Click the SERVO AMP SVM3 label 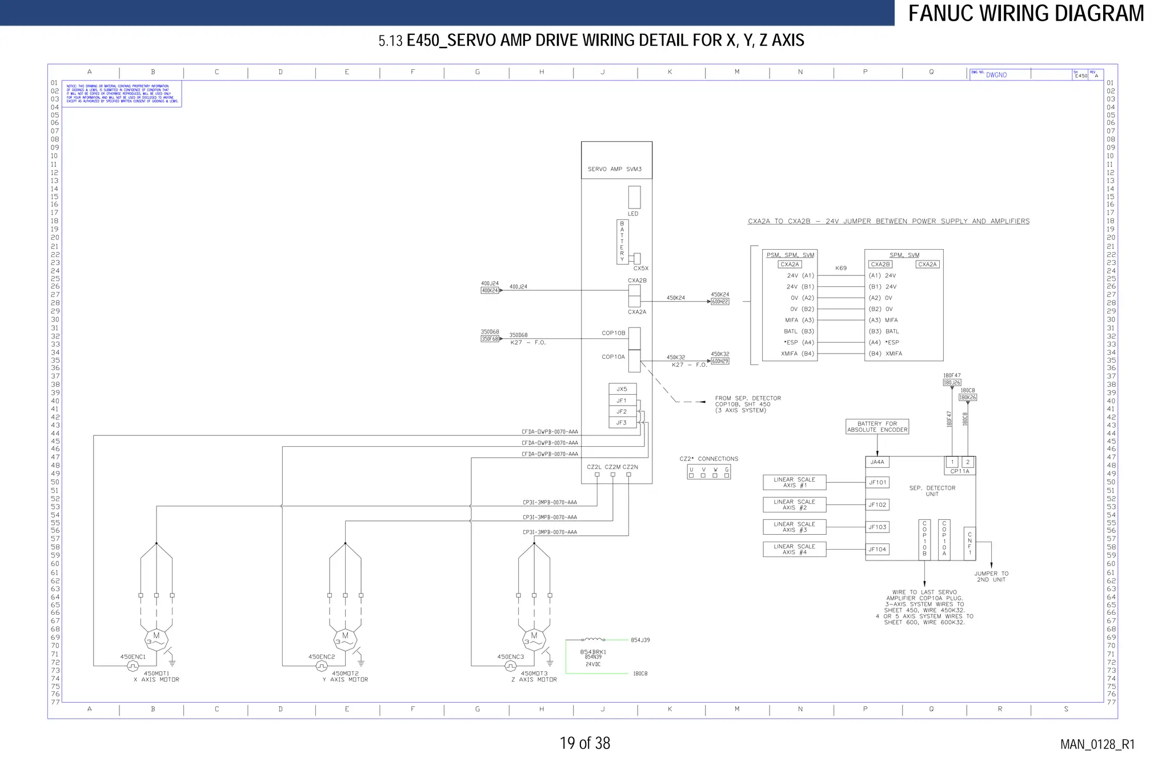615,169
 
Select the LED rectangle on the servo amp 634,197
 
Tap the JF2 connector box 622,411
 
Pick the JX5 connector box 622,389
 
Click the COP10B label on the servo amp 613,333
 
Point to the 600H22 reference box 720,302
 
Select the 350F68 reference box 490,339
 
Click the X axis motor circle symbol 156,640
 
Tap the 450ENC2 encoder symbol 322,666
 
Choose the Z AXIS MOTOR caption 534,680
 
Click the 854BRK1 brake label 593,652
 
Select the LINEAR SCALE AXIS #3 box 794,527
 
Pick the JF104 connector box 877,550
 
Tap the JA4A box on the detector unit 877,462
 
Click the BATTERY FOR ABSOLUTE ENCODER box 877,427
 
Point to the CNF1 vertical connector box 969,543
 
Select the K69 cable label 841,268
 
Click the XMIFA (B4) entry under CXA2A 797,354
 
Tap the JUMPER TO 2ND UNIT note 991,576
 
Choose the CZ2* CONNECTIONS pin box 708,472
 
